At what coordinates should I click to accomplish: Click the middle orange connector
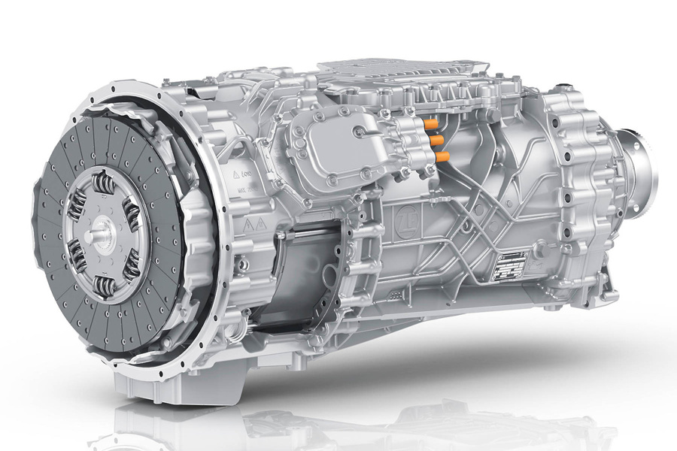tap(436, 139)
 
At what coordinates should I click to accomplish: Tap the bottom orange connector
tap(442, 157)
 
